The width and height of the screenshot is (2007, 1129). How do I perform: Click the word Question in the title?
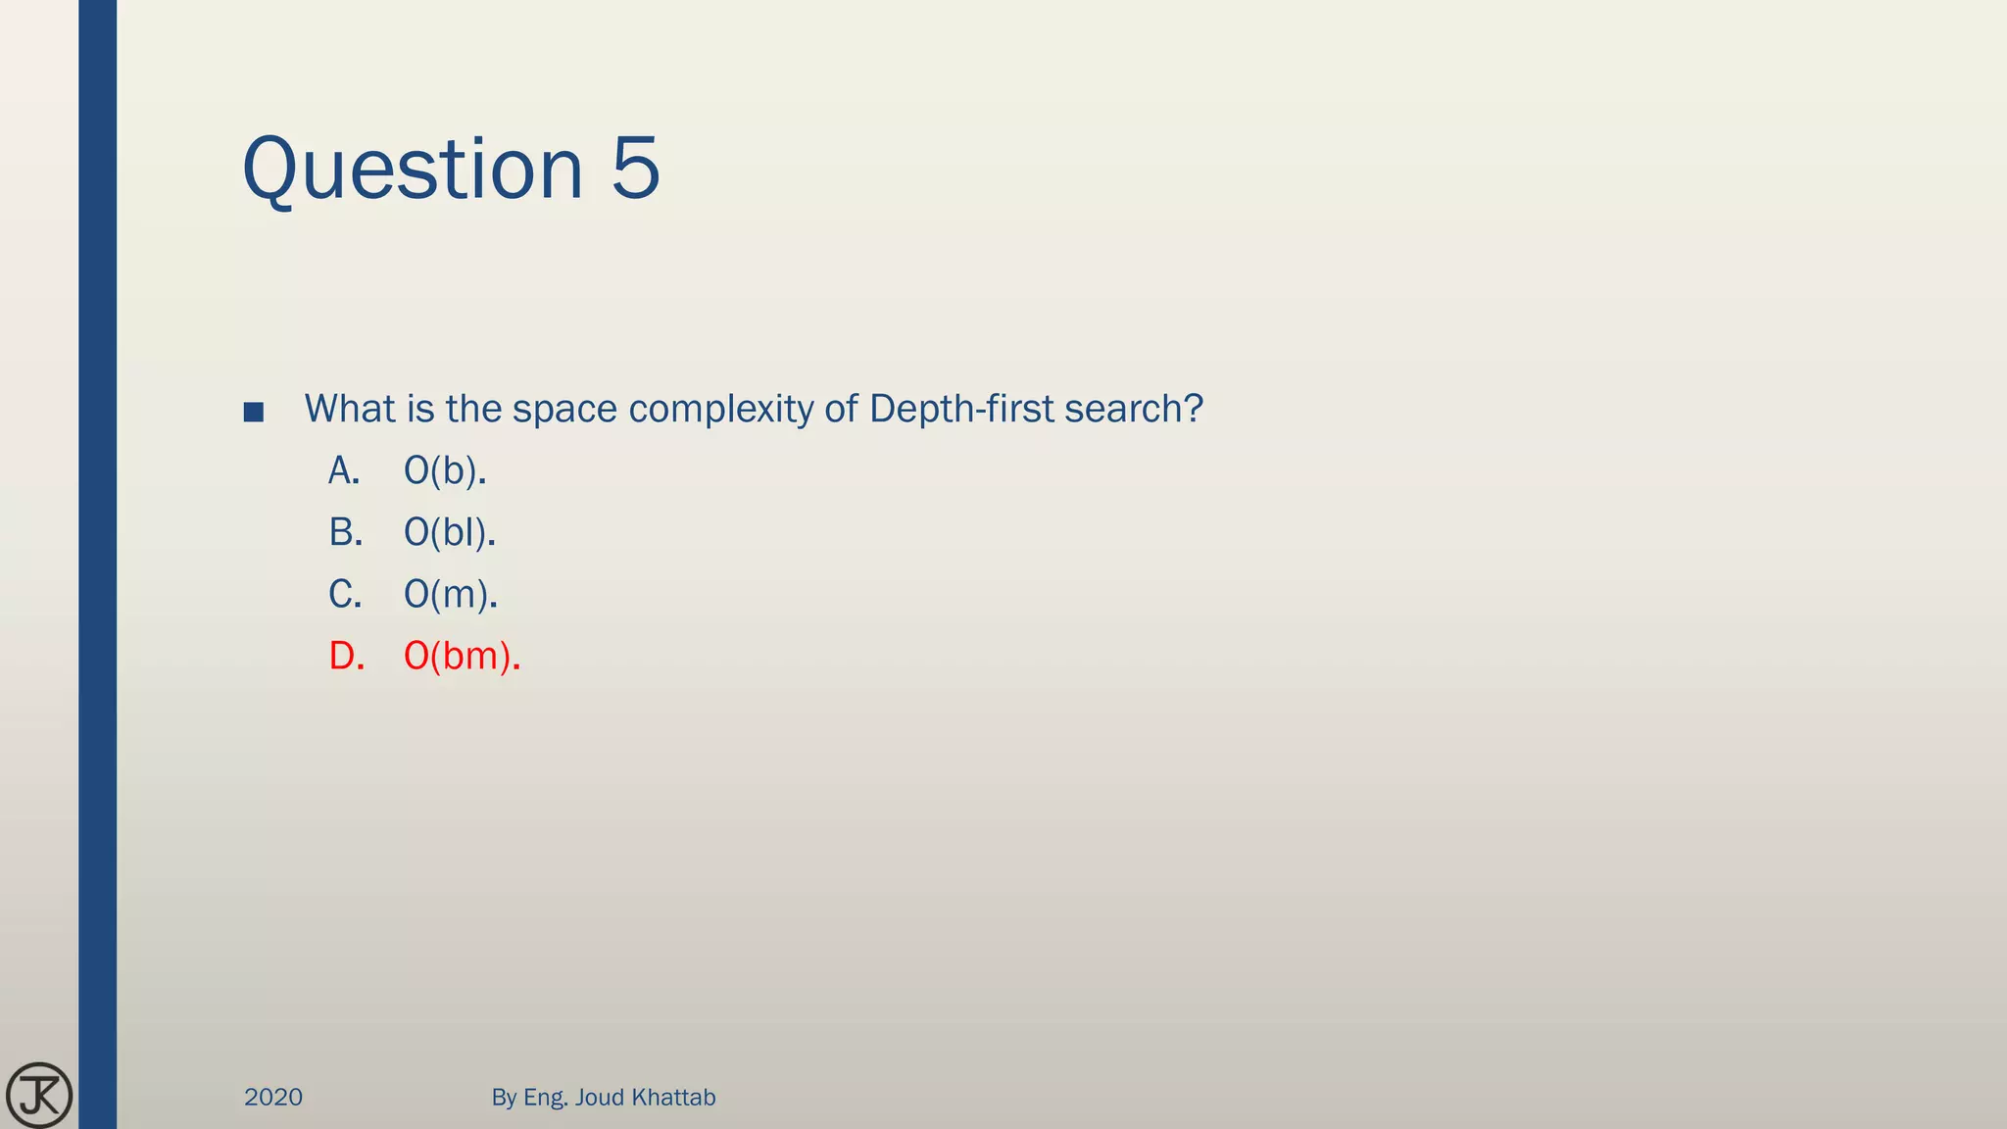[413, 170]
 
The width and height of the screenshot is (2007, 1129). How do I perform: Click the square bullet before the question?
[254, 412]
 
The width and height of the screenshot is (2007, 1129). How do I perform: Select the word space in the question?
[564, 410]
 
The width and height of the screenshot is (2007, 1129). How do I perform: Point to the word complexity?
[720, 410]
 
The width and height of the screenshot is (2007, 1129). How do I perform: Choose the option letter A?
[344, 471]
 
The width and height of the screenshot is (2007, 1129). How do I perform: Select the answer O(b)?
[445, 471]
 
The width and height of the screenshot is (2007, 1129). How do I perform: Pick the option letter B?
[345, 533]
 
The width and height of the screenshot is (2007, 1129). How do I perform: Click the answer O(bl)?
[450, 533]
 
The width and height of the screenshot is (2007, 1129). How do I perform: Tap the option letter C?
[345, 595]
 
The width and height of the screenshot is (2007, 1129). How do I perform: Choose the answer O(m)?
[451, 595]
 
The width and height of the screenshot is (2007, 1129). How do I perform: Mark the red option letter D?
[346, 657]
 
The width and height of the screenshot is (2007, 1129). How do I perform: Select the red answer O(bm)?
[462, 657]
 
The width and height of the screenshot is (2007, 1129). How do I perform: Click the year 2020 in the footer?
[273, 1098]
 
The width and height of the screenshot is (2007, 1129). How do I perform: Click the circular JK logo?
[39, 1095]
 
